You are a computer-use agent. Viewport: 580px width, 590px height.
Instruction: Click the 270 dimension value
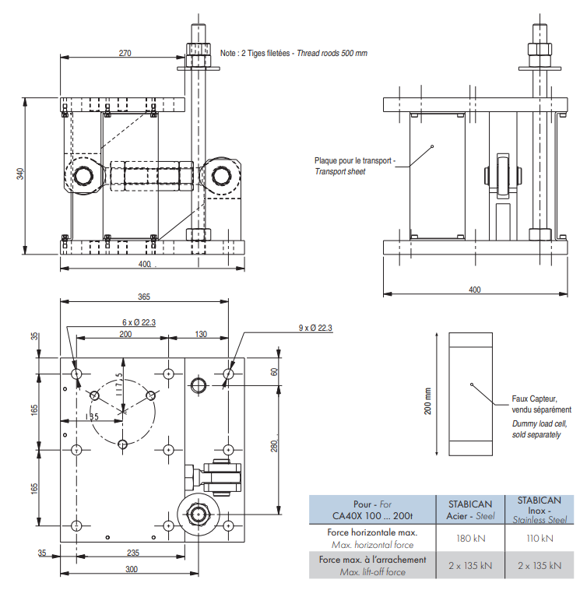click(x=125, y=53)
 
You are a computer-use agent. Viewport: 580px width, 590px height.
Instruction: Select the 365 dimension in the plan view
click(x=144, y=297)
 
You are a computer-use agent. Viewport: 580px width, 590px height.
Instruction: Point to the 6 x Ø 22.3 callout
click(x=139, y=322)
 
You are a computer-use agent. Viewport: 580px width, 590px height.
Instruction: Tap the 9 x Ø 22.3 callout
click(x=315, y=328)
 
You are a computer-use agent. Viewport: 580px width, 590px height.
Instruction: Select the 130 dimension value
click(x=201, y=333)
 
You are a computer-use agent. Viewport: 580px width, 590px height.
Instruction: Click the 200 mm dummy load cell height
click(x=427, y=401)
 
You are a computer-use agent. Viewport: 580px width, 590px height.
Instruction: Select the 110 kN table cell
click(x=539, y=538)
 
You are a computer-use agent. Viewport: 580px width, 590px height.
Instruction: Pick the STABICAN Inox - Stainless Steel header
click(x=539, y=509)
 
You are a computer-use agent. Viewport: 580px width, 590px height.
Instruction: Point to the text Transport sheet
click(x=340, y=171)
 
